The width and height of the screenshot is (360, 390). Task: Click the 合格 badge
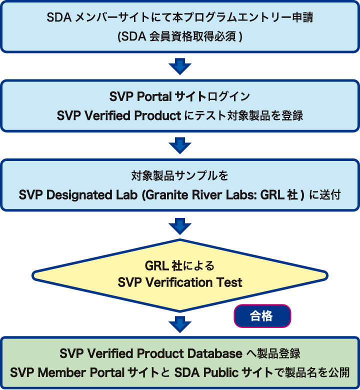262,316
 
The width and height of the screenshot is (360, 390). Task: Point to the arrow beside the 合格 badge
180,323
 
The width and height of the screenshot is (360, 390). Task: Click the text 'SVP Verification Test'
180,282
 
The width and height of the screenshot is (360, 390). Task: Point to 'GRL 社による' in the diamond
180,265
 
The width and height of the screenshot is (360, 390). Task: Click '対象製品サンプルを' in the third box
180,176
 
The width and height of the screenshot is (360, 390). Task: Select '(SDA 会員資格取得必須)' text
180,37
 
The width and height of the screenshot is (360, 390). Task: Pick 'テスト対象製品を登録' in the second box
253,115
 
